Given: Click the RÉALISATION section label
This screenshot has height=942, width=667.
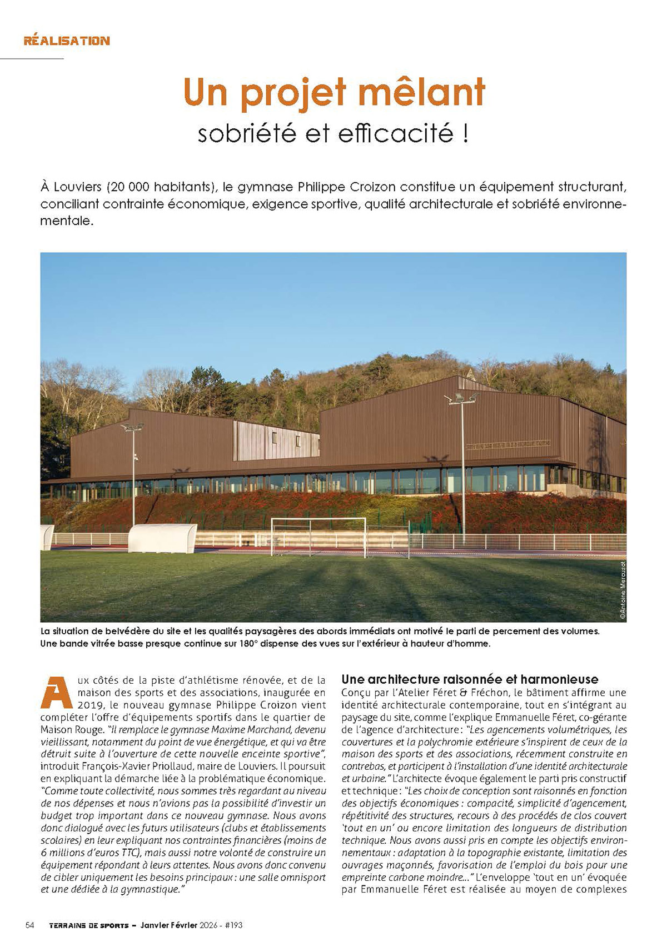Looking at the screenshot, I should [67, 41].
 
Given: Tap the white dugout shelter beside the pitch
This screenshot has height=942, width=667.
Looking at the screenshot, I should [162, 538].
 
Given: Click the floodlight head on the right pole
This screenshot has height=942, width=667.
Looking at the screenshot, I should [461, 398].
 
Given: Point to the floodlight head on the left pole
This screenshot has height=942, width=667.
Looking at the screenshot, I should [132, 427].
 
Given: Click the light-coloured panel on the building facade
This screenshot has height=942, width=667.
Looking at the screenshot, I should [276, 440].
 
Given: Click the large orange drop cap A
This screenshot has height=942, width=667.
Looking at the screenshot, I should [57, 693].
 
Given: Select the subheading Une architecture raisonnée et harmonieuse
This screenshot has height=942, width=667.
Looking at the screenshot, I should [470, 679].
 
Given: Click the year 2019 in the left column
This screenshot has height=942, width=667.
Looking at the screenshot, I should [53, 705].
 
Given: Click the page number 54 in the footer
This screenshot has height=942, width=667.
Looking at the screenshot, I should [30, 925].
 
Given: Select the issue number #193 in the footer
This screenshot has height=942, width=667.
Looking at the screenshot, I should [233, 925].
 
